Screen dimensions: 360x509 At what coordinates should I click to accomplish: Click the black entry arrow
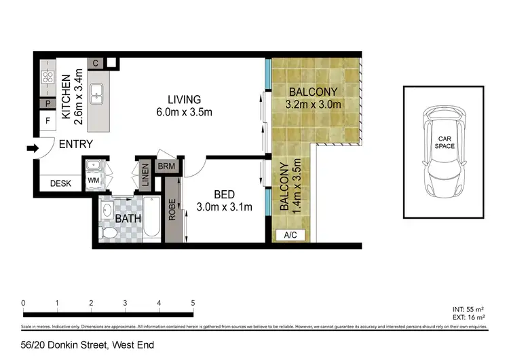pos(31,148)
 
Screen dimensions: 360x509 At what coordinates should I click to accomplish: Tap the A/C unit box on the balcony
pos(290,235)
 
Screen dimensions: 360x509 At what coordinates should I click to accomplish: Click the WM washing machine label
pos(94,181)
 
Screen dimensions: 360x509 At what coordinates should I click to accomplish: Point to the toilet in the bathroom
pos(108,232)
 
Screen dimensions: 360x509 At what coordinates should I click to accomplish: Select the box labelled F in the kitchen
pos(48,122)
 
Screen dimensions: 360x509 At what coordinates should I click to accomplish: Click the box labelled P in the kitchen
pos(48,104)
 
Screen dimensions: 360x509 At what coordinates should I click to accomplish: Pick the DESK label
pos(60,183)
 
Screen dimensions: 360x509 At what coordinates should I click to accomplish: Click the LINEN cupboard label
pos(145,175)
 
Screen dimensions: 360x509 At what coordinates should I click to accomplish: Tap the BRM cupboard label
pos(166,166)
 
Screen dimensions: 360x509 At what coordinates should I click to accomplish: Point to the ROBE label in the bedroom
pos(173,209)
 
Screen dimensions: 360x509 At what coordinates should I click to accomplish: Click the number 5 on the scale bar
pos(193,303)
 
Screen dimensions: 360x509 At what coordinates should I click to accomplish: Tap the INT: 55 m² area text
pos(469,309)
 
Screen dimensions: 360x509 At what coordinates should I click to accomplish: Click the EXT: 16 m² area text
pos(469,317)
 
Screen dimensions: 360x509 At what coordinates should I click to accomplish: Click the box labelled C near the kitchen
pos(96,64)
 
